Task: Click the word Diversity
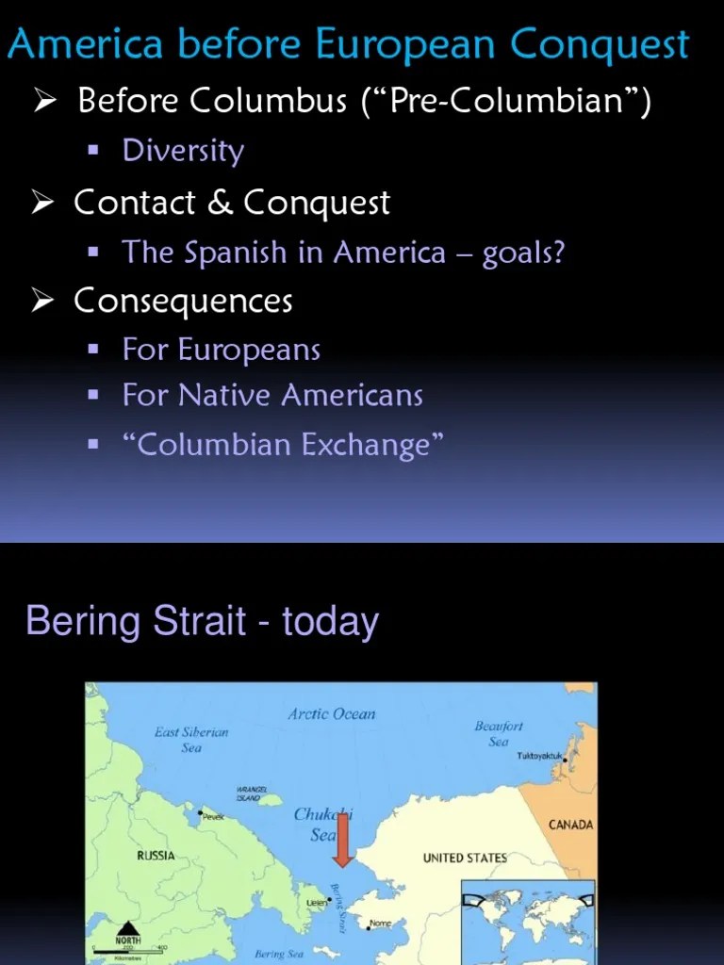[x=183, y=151]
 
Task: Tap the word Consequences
[x=183, y=302]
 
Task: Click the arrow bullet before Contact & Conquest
[x=41, y=203]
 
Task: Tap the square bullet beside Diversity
[x=92, y=151]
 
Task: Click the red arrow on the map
[x=342, y=839]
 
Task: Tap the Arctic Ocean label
[x=331, y=713]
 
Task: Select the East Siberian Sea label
[x=191, y=739]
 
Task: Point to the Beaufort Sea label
[x=499, y=733]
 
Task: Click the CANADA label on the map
[x=570, y=825]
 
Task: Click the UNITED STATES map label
[x=464, y=858]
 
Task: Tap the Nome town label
[x=380, y=924]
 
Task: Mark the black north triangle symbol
[x=127, y=926]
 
